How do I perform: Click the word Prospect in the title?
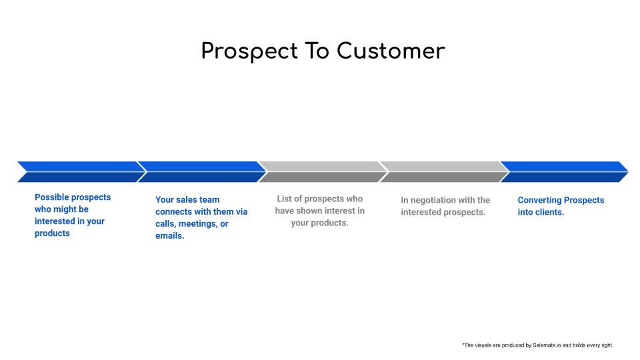[x=249, y=52]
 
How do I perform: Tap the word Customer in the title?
[x=391, y=51]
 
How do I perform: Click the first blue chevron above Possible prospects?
[x=81, y=172]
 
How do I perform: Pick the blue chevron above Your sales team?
[x=202, y=172]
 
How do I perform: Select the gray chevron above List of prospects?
[x=323, y=172]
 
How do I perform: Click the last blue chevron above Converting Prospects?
[x=564, y=172]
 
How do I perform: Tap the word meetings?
[x=198, y=224]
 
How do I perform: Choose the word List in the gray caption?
[x=284, y=199]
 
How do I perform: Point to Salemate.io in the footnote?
[x=547, y=345]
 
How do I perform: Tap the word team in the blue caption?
[x=209, y=199]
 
